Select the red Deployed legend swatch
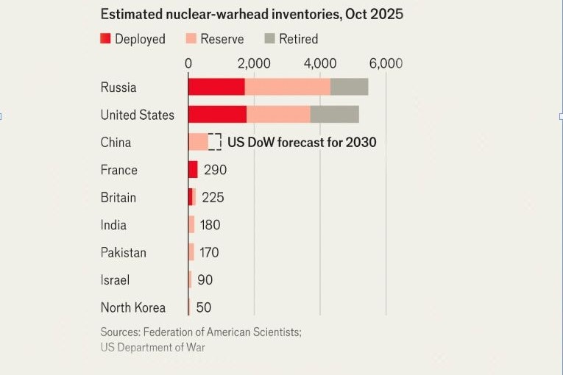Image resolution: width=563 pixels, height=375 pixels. [x=105, y=39]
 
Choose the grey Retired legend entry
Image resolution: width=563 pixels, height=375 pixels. [x=294, y=39]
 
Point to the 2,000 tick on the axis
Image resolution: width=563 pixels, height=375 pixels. [x=255, y=63]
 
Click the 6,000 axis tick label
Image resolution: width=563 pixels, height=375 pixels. [x=386, y=63]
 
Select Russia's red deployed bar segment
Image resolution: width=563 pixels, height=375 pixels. [x=216, y=87]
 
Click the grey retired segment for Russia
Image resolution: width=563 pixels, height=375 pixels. [x=349, y=87]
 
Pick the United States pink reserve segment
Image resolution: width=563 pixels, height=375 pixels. [x=278, y=115]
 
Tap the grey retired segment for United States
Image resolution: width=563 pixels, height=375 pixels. [x=334, y=115]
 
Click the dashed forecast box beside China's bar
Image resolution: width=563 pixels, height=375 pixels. [x=215, y=142]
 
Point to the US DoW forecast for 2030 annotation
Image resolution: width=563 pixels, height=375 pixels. [x=302, y=142]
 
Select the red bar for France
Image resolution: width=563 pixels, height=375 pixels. [x=193, y=170]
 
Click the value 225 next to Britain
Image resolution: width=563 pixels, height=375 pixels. [x=213, y=198]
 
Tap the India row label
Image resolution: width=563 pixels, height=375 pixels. [x=113, y=225]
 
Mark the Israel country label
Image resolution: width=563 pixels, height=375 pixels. [x=114, y=280]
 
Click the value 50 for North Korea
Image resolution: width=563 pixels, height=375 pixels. [x=203, y=308]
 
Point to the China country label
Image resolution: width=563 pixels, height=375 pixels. [x=116, y=142]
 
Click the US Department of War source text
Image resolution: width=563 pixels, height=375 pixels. [x=153, y=347]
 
